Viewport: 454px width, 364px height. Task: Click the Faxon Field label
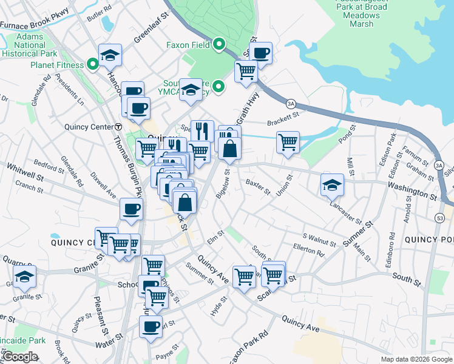(x=188, y=45)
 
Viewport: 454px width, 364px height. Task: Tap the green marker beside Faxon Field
(x=219, y=44)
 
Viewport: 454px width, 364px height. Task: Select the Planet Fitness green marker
(x=93, y=64)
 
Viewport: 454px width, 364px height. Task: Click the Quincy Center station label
(x=89, y=127)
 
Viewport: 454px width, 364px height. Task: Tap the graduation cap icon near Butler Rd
(x=110, y=55)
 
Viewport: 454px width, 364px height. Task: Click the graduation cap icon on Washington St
(x=332, y=184)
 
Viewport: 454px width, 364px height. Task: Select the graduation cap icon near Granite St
(x=25, y=278)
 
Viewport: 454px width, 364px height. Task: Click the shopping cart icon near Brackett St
(x=288, y=142)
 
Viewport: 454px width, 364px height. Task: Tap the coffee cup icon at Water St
(x=151, y=326)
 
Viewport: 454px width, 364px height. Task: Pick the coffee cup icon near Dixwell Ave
(x=131, y=209)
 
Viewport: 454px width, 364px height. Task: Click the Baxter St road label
(x=257, y=187)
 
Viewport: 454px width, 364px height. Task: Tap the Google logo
(x=20, y=357)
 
